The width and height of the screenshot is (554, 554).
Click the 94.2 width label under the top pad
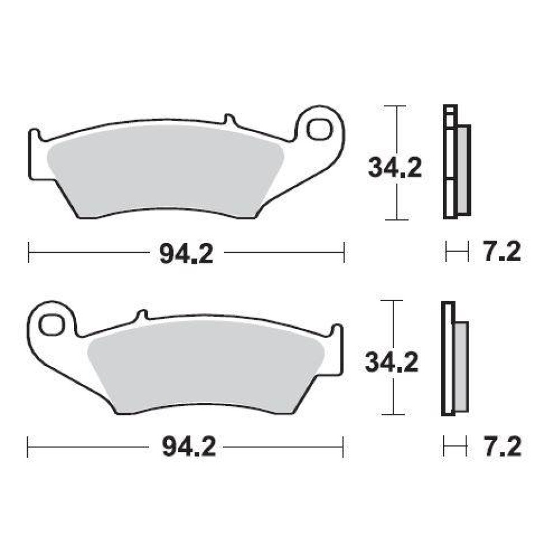[186, 254]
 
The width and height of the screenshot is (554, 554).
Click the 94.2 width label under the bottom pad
[189, 447]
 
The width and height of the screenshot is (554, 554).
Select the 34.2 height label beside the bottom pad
[391, 362]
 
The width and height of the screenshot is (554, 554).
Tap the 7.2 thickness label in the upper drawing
[502, 252]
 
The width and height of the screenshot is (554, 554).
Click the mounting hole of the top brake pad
[320, 130]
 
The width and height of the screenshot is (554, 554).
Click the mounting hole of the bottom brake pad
[51, 325]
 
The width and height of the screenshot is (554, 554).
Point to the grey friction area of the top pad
[166, 171]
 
